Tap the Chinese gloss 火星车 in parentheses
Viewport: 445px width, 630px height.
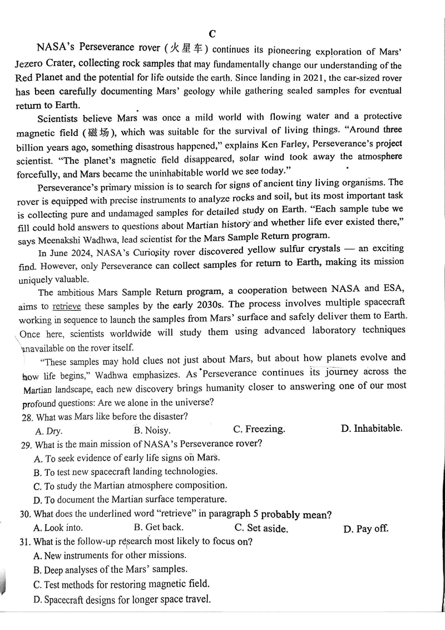click(190, 49)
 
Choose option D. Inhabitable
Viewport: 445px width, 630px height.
click(371, 428)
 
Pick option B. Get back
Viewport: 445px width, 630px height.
click(159, 527)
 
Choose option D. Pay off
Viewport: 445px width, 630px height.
click(365, 529)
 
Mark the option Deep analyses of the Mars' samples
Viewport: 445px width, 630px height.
click(110, 569)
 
